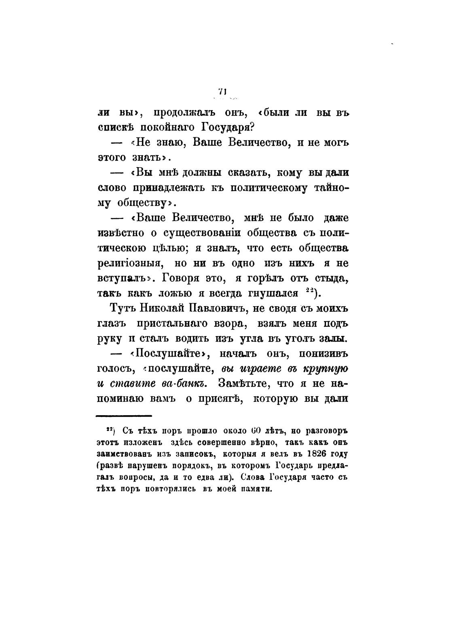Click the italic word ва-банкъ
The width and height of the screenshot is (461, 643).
185,382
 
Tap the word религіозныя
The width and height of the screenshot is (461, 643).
130,263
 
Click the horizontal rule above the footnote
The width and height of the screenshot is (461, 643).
123,415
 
